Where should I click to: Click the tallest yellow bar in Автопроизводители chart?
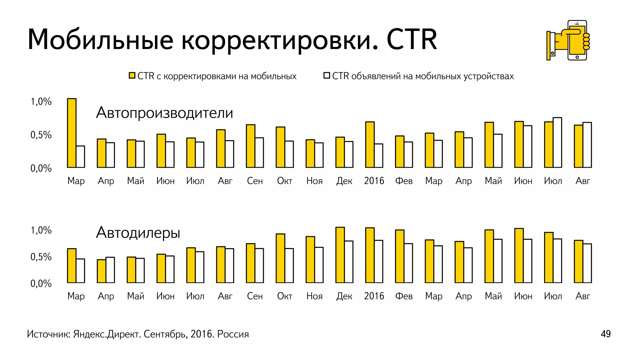(72, 133)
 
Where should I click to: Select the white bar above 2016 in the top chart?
(378, 156)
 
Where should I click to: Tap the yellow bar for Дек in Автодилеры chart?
(340, 255)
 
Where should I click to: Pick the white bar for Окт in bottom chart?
(289, 266)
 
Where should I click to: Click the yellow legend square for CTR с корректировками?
(132, 76)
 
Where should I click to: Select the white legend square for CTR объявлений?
(327, 76)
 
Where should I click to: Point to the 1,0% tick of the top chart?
(41, 102)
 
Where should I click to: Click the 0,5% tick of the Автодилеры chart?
(41, 257)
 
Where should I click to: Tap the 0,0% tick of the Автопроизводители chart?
(41, 168)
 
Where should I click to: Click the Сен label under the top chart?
(255, 181)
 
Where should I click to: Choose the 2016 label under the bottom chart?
(374, 296)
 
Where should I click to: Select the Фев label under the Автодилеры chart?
(404, 296)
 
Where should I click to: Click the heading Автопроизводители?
(164, 113)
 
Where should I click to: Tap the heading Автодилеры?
(138, 233)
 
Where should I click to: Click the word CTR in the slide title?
(412, 40)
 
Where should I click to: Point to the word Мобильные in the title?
(100, 40)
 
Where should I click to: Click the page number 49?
(605, 334)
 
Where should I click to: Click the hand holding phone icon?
(568, 41)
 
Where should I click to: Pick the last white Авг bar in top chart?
(587, 145)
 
